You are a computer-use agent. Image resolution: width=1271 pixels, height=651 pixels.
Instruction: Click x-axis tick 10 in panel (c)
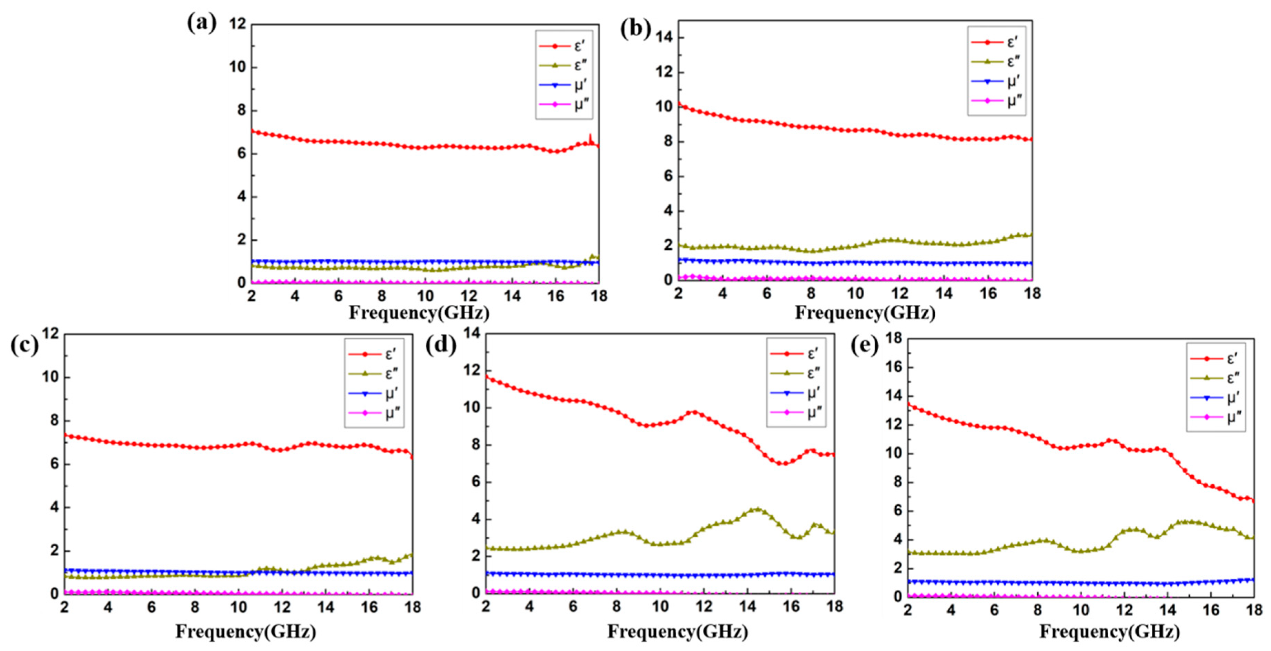pos(238,607)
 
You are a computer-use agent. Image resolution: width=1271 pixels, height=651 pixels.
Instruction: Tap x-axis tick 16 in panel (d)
pos(791,606)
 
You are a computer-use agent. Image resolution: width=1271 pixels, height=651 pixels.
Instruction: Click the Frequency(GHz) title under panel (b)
pos(865,313)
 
